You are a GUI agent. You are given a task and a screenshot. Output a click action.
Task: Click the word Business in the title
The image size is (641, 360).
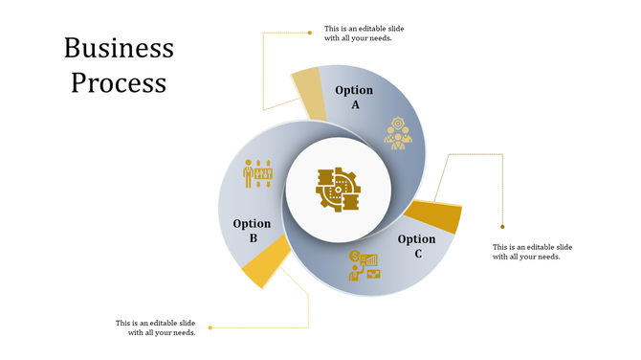tap(119, 48)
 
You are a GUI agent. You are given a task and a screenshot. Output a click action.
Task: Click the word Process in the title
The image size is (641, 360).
tap(119, 82)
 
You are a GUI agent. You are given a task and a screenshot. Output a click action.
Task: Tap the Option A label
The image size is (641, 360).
tap(354, 97)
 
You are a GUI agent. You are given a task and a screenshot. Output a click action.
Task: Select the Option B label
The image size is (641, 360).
tap(252, 231)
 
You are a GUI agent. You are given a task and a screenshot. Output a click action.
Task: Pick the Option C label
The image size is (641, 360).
tap(416, 246)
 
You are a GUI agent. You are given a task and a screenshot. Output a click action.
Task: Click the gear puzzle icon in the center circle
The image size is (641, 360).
tap(338, 190)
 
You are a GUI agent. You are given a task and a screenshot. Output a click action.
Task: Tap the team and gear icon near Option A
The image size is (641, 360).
tap(398, 133)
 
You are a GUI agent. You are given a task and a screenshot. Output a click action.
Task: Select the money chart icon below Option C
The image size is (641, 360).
tap(364, 265)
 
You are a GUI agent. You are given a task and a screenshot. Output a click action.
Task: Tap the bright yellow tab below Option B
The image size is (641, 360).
tap(266, 262)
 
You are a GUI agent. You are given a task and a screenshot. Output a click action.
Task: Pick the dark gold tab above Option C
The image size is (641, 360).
tap(435, 215)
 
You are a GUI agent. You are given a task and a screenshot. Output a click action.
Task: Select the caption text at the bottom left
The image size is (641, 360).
tap(156, 327)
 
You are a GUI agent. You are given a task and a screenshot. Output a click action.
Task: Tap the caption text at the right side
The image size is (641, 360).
tap(532, 252)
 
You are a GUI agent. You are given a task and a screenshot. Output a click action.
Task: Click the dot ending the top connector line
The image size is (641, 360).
tap(310, 33)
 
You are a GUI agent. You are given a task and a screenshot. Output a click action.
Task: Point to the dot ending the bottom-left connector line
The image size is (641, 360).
tap(210, 327)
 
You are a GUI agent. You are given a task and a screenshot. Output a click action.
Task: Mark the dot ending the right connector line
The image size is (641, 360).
tap(503, 227)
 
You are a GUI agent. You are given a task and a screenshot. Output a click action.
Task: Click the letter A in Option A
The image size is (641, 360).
tap(355, 104)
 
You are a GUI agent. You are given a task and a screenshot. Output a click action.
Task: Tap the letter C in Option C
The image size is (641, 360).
tap(418, 254)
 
